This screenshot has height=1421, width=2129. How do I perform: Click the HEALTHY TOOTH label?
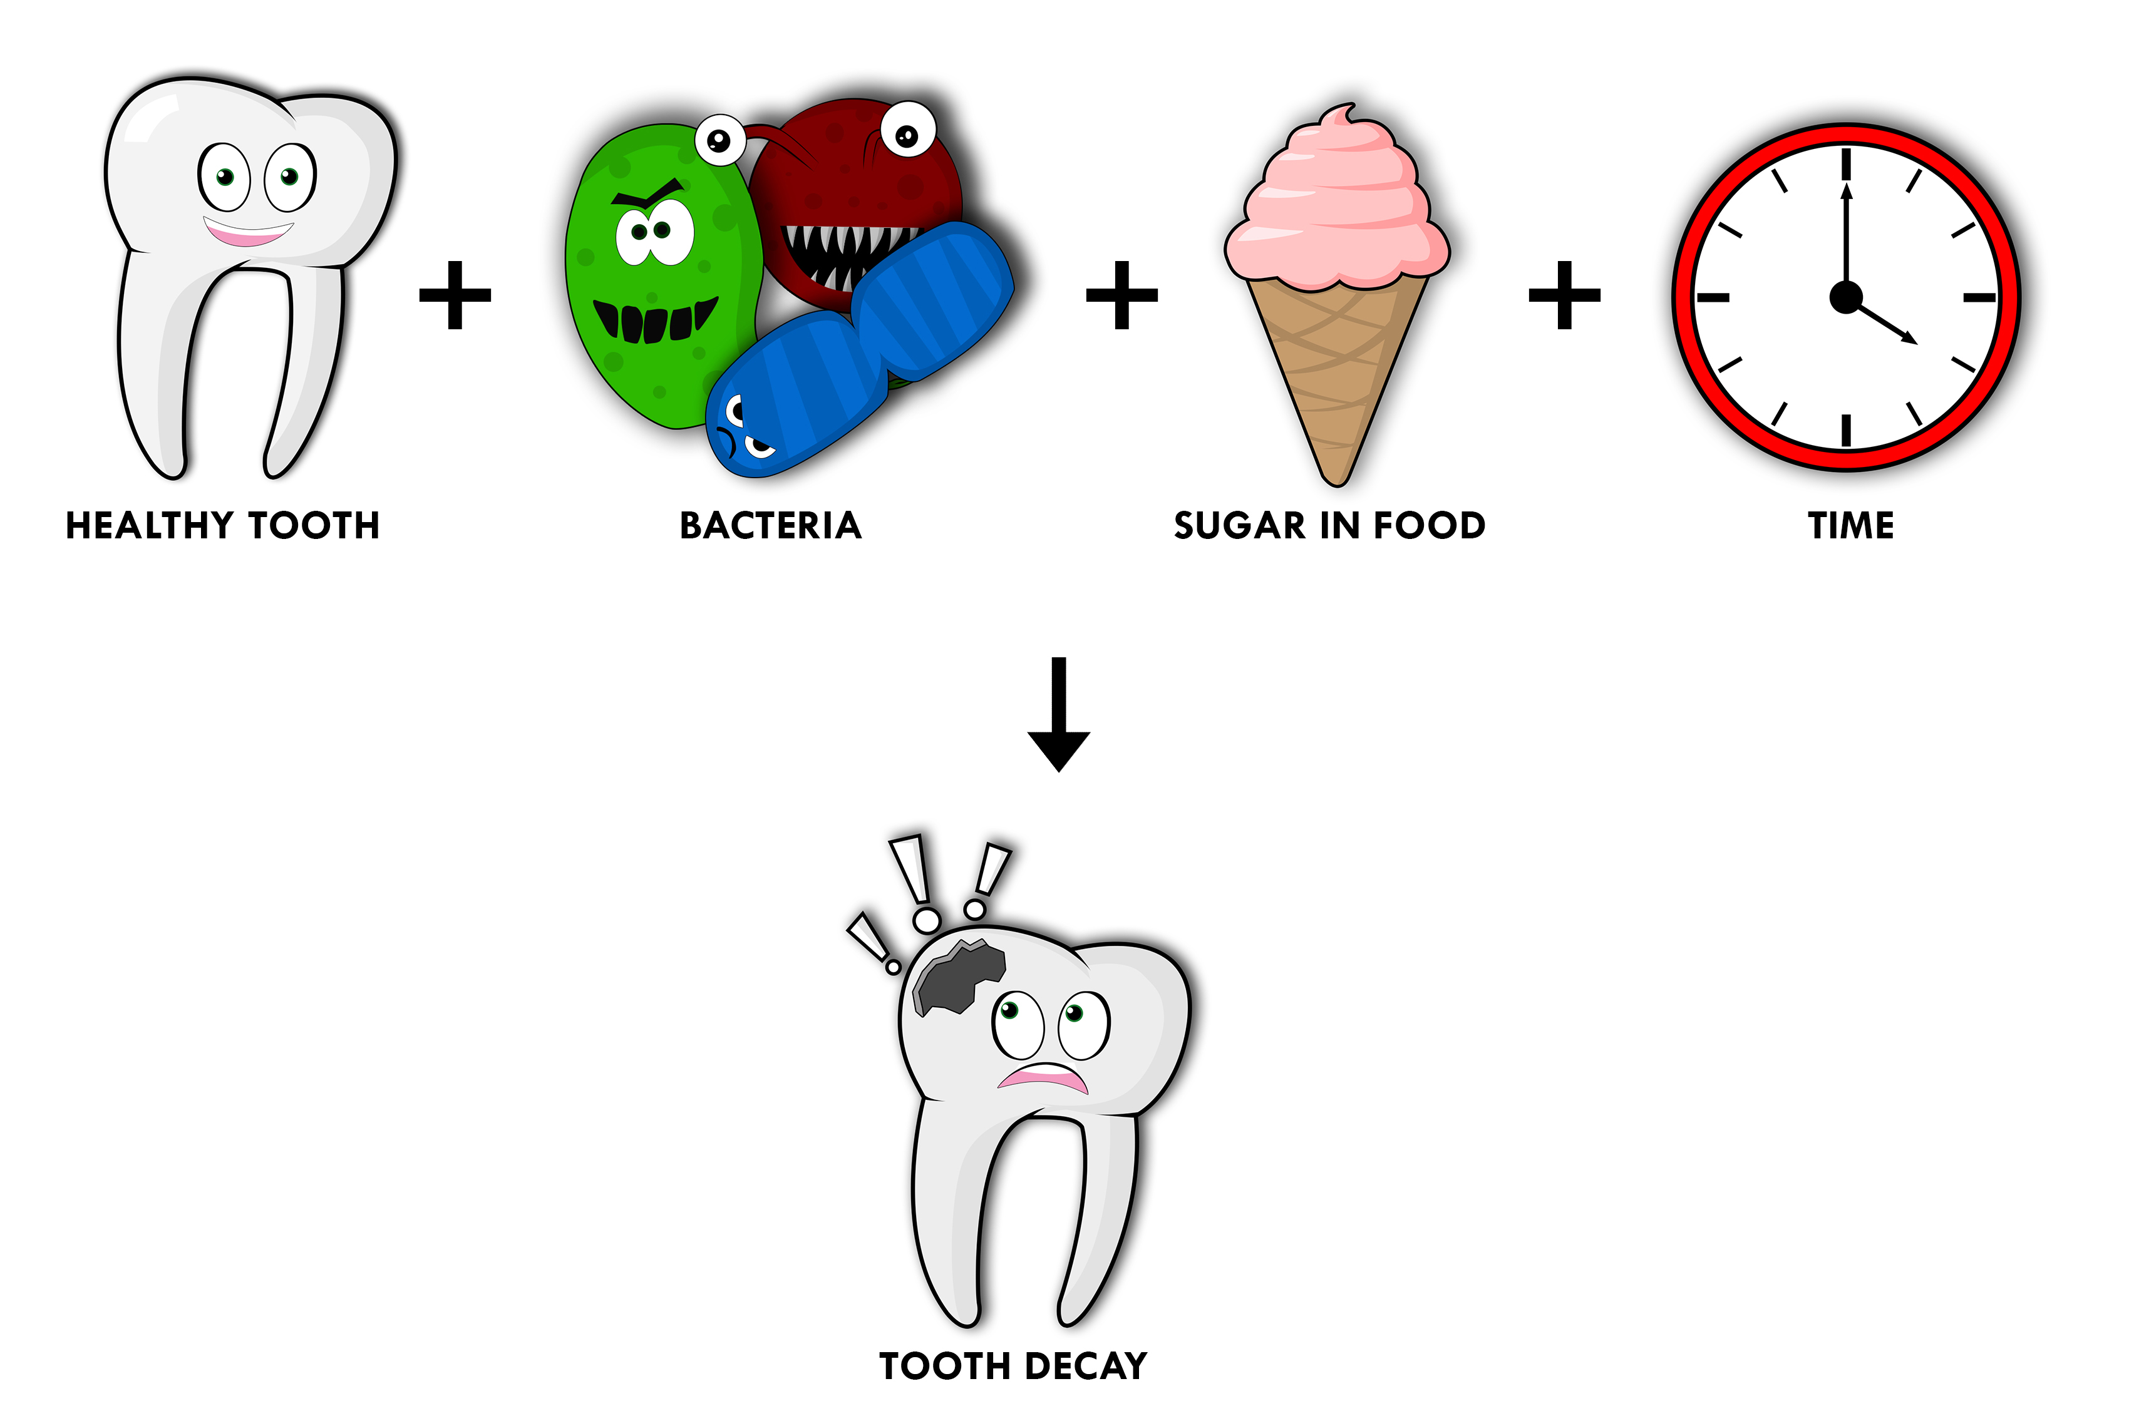pos(223,526)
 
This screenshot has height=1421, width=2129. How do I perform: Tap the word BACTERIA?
pos(770,526)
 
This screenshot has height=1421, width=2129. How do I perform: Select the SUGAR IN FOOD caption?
pos(1329,526)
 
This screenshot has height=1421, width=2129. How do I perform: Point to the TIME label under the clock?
pos(1851,526)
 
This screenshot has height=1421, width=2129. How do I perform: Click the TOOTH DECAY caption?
pos(1013,1366)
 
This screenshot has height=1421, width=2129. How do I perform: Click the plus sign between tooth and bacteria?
pos(455,295)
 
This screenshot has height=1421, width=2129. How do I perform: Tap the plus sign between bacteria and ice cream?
pos(1122,295)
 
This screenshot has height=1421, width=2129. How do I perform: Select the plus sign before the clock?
pos(1564,295)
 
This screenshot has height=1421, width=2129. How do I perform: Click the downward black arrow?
pos(1059,714)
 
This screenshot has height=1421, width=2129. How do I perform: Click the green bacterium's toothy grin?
pos(654,320)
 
